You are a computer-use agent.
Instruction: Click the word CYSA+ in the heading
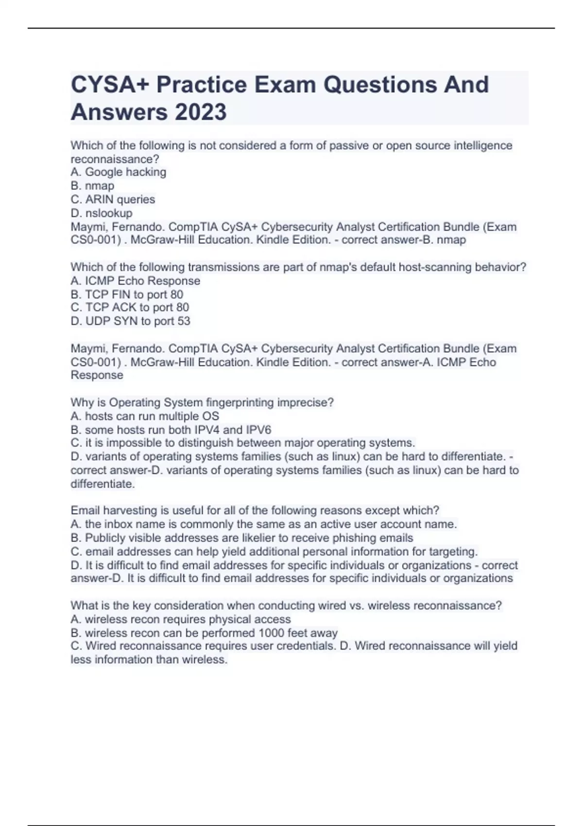(110, 85)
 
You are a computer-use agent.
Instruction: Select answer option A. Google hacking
(119, 172)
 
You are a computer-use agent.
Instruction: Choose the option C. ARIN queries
(113, 199)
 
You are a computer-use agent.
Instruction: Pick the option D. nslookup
(102, 213)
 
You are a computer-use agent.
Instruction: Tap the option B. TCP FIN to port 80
(127, 294)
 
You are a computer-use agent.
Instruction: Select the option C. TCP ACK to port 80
(130, 308)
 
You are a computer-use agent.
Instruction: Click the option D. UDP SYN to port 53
(130, 321)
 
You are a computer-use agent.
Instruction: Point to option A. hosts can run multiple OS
(145, 416)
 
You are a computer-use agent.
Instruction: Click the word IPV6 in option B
(258, 430)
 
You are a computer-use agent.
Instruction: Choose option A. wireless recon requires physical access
(181, 619)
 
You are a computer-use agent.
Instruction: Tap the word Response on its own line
(97, 375)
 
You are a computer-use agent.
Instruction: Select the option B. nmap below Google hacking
(92, 186)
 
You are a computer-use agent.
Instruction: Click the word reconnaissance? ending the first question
(115, 159)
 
